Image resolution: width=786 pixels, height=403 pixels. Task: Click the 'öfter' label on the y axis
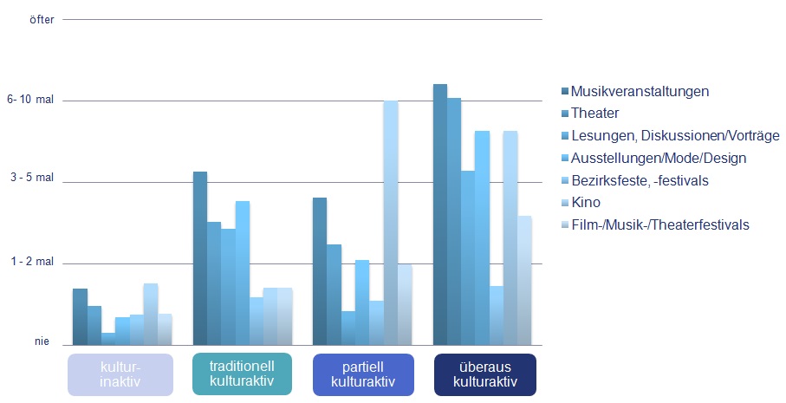click(42, 19)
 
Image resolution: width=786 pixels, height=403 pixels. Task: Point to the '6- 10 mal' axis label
click(29, 101)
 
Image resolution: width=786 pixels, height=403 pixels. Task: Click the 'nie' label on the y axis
click(42, 342)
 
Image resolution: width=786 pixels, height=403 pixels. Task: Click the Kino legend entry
click(586, 203)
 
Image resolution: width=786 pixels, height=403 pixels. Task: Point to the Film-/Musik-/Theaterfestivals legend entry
click(660, 225)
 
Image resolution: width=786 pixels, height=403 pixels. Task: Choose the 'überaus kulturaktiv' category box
click(485, 374)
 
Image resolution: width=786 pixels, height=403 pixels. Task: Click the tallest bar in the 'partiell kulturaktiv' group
click(391, 222)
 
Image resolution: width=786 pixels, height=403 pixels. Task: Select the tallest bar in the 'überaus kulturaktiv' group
click(439, 213)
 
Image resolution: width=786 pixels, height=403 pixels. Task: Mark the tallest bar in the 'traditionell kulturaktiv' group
click(200, 257)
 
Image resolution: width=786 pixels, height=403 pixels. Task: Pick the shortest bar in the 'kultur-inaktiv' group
click(107, 338)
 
